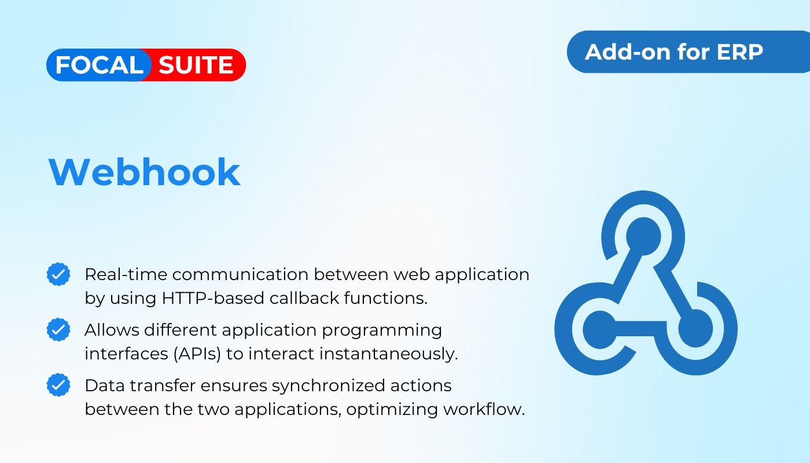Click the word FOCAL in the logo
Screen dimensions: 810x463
pos(100,65)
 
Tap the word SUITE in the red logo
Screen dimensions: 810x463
pos(196,65)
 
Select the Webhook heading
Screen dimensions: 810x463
pos(144,172)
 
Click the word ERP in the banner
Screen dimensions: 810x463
pos(739,52)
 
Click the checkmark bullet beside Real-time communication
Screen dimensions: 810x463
pos(58,274)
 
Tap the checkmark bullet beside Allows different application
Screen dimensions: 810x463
pos(58,329)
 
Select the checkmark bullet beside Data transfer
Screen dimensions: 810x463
pos(58,385)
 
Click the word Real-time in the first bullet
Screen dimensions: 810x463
pos(126,274)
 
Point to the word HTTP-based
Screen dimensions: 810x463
pos(213,298)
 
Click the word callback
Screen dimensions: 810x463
pos(304,298)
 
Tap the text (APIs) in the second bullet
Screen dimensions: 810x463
pos(197,354)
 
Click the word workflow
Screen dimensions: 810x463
pos(484,409)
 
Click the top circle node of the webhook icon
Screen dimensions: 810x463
pos(643,236)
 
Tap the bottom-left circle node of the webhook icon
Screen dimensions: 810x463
pos(599,329)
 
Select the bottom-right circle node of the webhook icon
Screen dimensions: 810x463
pos(695,329)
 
